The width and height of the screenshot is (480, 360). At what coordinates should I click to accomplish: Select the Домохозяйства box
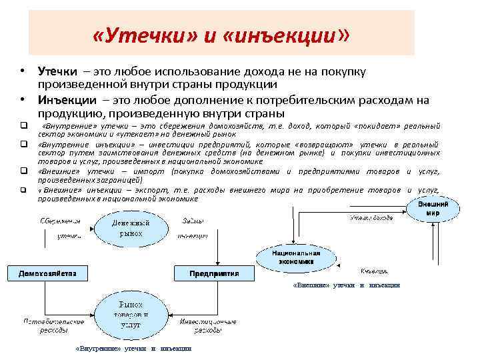48,273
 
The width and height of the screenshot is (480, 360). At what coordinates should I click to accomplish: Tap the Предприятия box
214,273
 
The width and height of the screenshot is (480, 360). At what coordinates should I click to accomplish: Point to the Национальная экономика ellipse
297,257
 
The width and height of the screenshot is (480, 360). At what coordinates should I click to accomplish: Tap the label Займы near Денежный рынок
193,221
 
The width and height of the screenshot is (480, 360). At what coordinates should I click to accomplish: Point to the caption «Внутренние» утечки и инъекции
134,349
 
